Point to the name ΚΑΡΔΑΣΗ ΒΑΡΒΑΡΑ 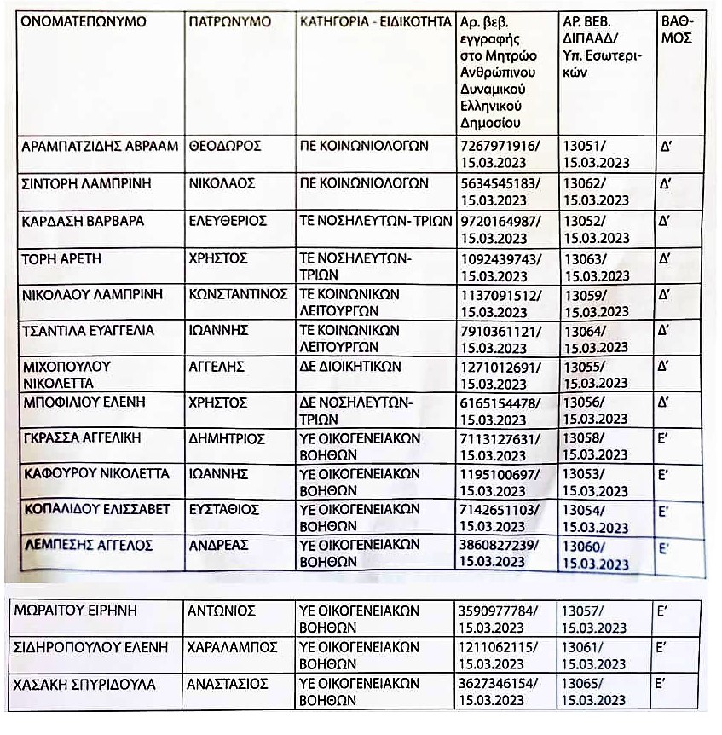pos(82,221)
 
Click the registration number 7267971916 pos(498,146)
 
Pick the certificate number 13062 pos(584,182)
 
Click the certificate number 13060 pos(584,547)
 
